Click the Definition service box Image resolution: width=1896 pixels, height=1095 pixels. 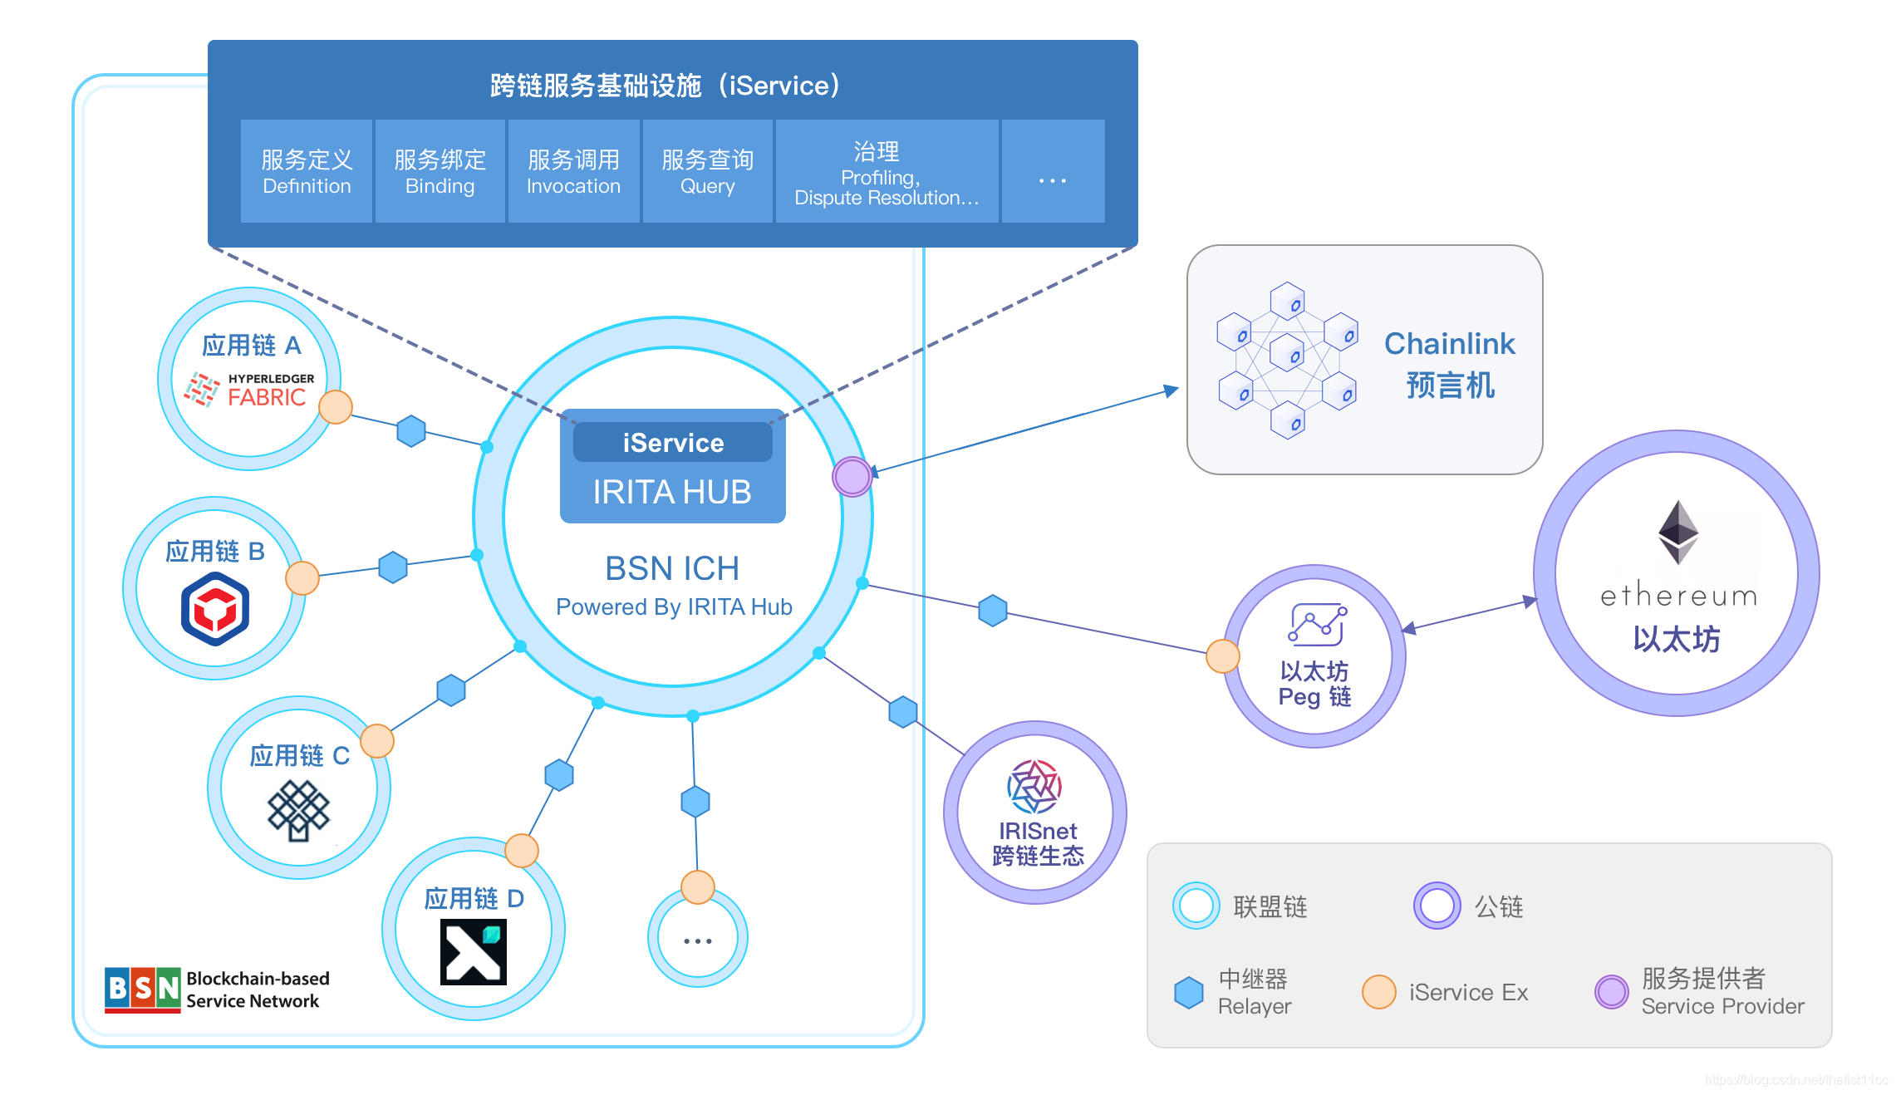[x=306, y=171]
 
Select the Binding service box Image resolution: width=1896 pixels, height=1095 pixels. [x=440, y=171]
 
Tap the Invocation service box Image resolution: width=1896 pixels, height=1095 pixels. [x=573, y=171]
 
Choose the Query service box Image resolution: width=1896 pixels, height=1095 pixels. [x=707, y=171]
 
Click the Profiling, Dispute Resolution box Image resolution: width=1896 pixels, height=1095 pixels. [x=887, y=171]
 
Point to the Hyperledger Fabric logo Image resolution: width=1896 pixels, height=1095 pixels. [x=249, y=390]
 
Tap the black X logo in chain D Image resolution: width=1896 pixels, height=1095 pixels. [x=473, y=952]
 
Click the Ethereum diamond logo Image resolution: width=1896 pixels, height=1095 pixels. [x=1678, y=533]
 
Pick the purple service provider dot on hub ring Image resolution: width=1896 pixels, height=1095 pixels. [x=852, y=477]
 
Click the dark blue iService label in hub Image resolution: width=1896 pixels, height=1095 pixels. [x=673, y=443]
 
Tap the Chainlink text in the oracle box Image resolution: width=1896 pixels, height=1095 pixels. [x=1449, y=343]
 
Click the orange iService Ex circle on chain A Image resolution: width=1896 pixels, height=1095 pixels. [x=336, y=407]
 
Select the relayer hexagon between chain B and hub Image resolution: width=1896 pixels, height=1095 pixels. [x=393, y=567]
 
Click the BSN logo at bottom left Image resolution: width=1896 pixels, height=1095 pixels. [x=142, y=989]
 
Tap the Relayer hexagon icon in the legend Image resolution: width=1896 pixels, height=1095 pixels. [x=1189, y=992]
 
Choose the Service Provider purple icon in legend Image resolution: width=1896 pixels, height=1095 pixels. [x=1611, y=992]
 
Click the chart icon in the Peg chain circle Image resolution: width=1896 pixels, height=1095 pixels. [x=1317, y=625]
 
